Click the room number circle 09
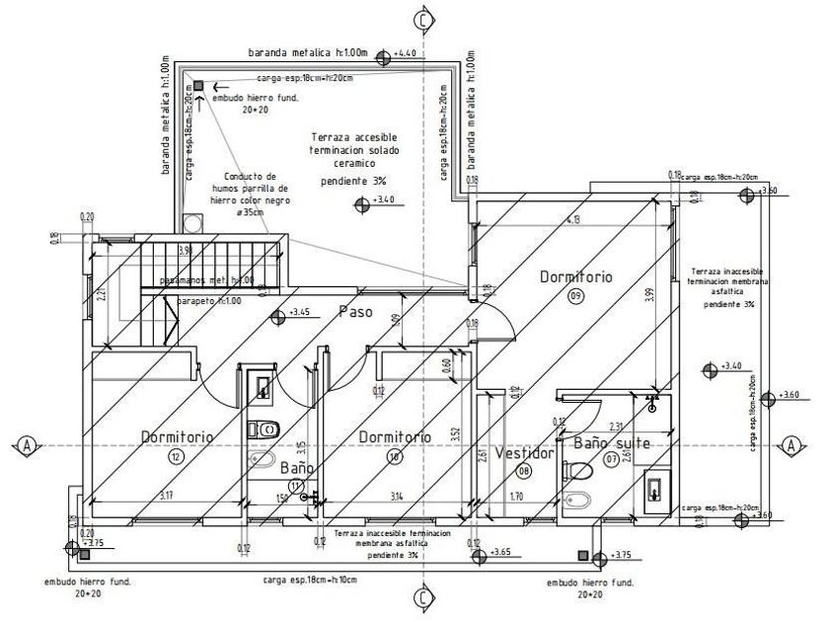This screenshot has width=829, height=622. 575,295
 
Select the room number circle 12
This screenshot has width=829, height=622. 177,457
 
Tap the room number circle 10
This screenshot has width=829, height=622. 394,457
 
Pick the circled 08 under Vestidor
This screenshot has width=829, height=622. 524,472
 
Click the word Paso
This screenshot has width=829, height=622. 355,312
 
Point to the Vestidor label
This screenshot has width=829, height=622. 523,453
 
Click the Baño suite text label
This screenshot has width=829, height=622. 612,443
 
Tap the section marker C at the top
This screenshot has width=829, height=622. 422,18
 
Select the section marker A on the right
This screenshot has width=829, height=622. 791,445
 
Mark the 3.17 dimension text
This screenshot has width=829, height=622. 169,496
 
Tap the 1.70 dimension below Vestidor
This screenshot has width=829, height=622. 517,496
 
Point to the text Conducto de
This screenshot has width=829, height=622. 249,176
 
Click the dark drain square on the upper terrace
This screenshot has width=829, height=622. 198,86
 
